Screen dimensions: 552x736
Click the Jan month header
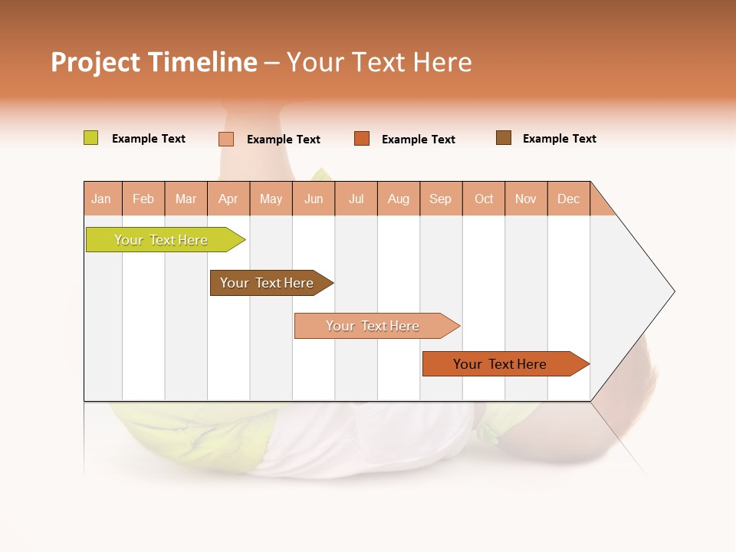[102, 199]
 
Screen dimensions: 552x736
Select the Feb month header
[143, 199]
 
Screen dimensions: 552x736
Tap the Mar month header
[186, 199]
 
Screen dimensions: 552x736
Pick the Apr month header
[228, 199]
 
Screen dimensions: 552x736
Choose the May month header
[271, 199]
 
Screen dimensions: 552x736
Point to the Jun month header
[314, 199]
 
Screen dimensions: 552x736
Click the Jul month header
[356, 199]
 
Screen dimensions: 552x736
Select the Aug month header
[399, 199]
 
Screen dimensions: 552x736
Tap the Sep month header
[441, 199]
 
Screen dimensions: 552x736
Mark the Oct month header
[484, 199]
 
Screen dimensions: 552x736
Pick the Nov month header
[526, 199]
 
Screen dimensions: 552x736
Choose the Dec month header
[569, 199]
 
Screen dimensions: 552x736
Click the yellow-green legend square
[90, 138]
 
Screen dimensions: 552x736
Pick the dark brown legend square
[504, 138]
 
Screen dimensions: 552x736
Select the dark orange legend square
[362, 138]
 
